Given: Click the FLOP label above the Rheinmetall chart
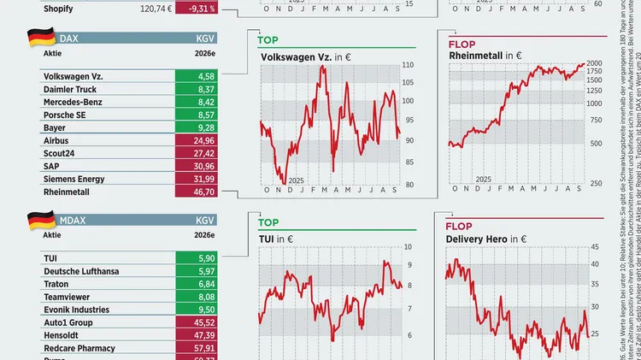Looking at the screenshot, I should point(463,42).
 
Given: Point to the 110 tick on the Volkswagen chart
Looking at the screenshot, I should point(408,66).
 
